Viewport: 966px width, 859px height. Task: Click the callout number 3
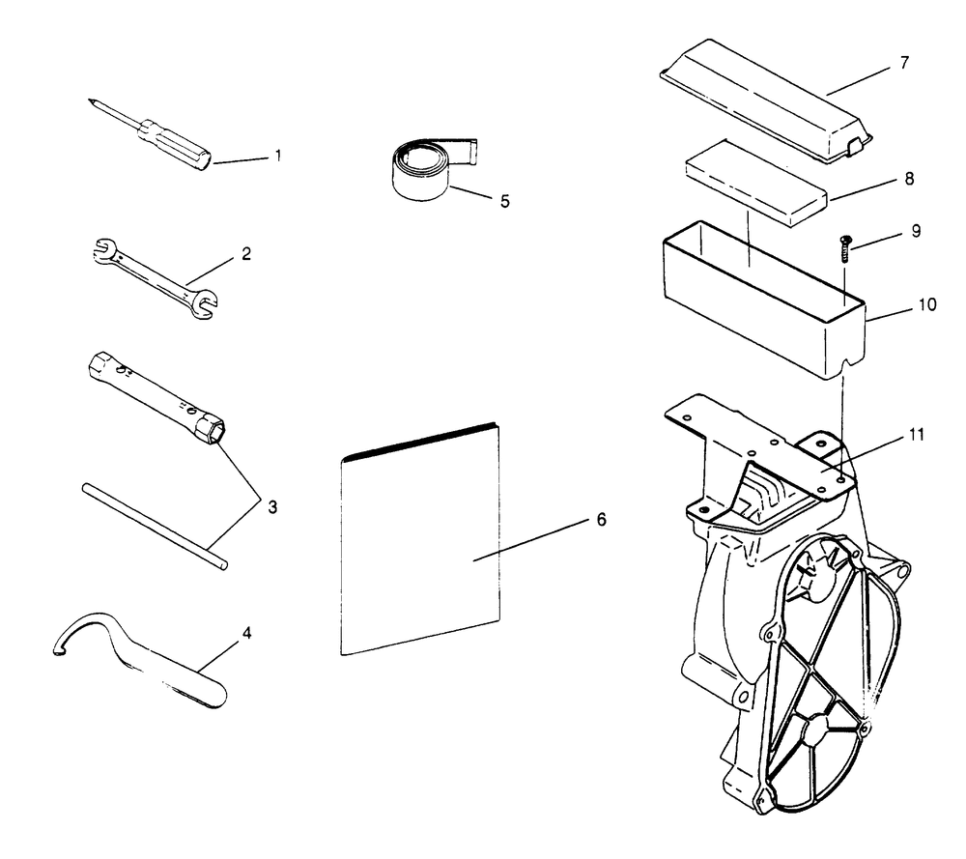pyautogui.click(x=273, y=506)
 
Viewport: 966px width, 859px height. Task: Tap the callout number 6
pyautogui.click(x=600, y=520)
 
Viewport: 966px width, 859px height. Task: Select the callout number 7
pyautogui.click(x=904, y=63)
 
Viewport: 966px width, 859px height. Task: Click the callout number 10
pyautogui.click(x=926, y=303)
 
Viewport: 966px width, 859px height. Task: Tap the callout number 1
pyautogui.click(x=278, y=154)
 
